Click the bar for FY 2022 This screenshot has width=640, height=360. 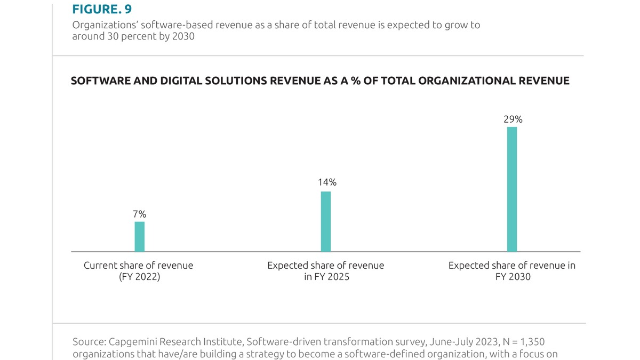tap(139, 236)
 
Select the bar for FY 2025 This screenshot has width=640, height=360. tap(325, 221)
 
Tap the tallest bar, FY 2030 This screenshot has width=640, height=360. tap(512, 189)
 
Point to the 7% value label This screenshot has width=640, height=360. tap(139, 214)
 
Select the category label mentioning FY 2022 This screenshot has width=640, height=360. tap(139, 271)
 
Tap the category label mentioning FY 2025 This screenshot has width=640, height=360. tap(325, 271)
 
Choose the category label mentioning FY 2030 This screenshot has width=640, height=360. tap(512, 271)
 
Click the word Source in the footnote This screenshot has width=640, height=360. tap(86, 341)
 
